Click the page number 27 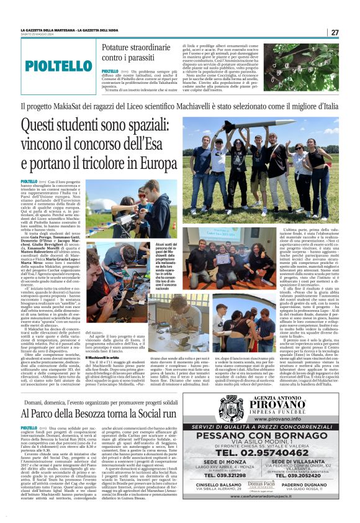tap(335, 32)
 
